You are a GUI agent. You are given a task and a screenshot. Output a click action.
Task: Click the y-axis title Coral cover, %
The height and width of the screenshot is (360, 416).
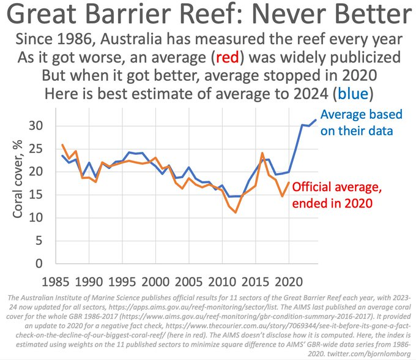point(20,183)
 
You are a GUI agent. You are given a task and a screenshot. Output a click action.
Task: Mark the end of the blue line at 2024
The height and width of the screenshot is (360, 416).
point(316,119)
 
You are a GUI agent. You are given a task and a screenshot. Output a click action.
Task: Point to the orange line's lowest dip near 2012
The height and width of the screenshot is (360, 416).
point(236,212)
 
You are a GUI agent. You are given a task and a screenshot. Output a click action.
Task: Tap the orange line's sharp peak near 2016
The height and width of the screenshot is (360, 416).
point(262,153)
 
